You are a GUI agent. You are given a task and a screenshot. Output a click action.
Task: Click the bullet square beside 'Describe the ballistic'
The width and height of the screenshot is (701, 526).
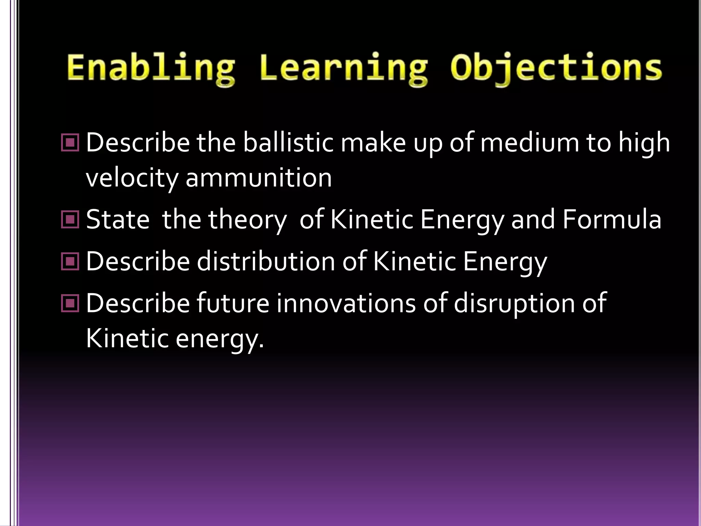70,143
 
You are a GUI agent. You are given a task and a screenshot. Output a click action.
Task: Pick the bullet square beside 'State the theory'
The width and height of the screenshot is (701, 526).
70,220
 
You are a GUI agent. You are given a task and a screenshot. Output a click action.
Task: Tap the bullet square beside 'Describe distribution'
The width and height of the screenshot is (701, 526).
70,262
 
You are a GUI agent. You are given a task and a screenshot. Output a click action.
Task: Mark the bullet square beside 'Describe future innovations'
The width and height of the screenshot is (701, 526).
70,303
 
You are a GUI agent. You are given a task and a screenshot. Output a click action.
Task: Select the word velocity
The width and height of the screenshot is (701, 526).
132,178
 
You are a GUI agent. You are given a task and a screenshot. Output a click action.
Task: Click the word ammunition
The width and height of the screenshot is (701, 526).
259,178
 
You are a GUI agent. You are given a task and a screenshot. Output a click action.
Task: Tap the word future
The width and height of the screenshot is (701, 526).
233,303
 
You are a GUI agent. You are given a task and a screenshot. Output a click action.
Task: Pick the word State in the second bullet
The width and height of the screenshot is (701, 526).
118,220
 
